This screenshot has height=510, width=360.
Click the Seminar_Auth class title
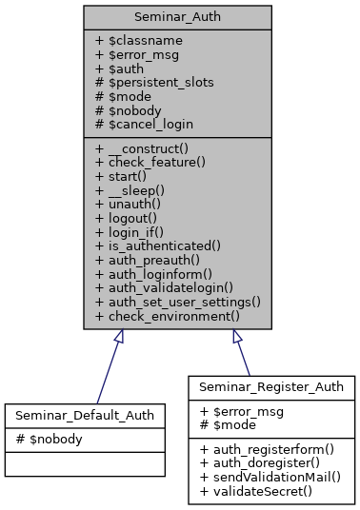coord(177,17)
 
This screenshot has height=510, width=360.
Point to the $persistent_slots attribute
coord(154,83)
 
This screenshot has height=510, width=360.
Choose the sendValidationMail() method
coord(270,474)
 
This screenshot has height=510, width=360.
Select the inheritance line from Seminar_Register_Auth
coord(242,358)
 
